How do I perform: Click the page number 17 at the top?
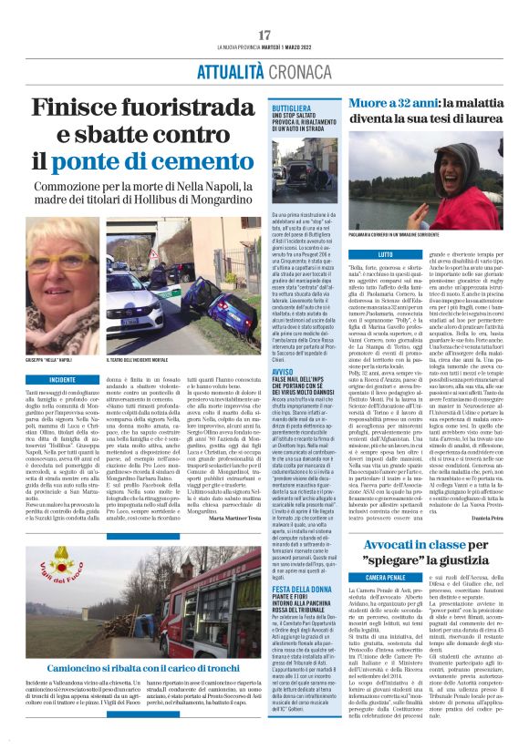[x=264, y=35]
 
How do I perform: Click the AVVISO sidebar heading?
[x=283, y=371]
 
